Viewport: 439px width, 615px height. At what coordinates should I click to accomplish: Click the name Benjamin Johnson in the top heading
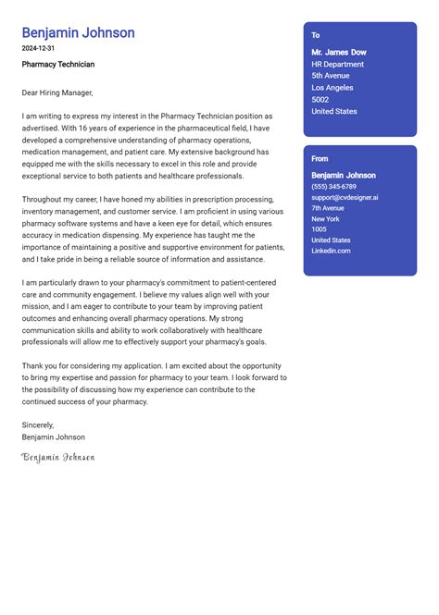click(x=79, y=33)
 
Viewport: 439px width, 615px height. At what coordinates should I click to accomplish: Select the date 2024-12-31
click(x=39, y=48)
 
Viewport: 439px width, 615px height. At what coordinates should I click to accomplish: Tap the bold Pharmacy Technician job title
click(x=58, y=65)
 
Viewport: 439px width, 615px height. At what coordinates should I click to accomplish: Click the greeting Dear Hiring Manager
click(x=57, y=92)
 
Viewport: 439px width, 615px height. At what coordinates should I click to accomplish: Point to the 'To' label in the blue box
click(x=316, y=35)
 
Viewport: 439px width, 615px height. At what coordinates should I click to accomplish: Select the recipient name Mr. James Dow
click(x=339, y=53)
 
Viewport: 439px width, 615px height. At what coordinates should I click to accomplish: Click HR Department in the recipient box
click(x=338, y=65)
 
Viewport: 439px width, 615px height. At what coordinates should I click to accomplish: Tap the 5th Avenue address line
click(x=331, y=76)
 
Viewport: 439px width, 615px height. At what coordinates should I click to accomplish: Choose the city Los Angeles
click(x=333, y=88)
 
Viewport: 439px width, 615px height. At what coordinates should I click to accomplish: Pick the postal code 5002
click(x=320, y=100)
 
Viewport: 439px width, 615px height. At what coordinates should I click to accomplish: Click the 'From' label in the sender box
click(x=320, y=159)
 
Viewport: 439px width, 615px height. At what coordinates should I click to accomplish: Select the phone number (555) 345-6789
click(x=333, y=187)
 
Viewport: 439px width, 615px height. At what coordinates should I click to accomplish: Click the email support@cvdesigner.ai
click(x=345, y=197)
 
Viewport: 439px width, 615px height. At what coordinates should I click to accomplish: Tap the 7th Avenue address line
click(x=328, y=208)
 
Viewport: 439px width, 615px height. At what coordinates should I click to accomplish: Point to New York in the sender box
click(x=326, y=218)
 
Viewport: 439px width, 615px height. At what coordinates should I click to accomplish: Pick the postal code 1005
click(x=320, y=229)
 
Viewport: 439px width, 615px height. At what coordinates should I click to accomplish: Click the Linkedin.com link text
click(x=331, y=251)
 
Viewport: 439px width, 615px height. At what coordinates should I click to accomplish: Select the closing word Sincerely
click(x=39, y=425)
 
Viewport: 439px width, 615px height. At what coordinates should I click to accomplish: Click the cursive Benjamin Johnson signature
click(x=58, y=457)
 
